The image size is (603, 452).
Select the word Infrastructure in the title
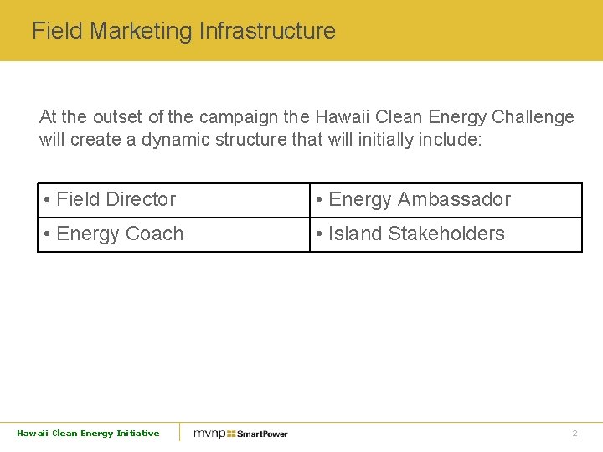pos(267,32)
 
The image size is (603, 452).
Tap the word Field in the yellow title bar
pos(57,32)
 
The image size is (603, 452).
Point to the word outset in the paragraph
pos(118,117)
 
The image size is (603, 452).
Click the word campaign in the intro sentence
pos(237,117)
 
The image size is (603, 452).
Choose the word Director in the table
pos(142,200)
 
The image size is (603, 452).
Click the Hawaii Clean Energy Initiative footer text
pos(88,433)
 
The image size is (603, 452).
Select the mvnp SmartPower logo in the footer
pos(240,434)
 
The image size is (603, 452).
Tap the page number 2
pos(575,434)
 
